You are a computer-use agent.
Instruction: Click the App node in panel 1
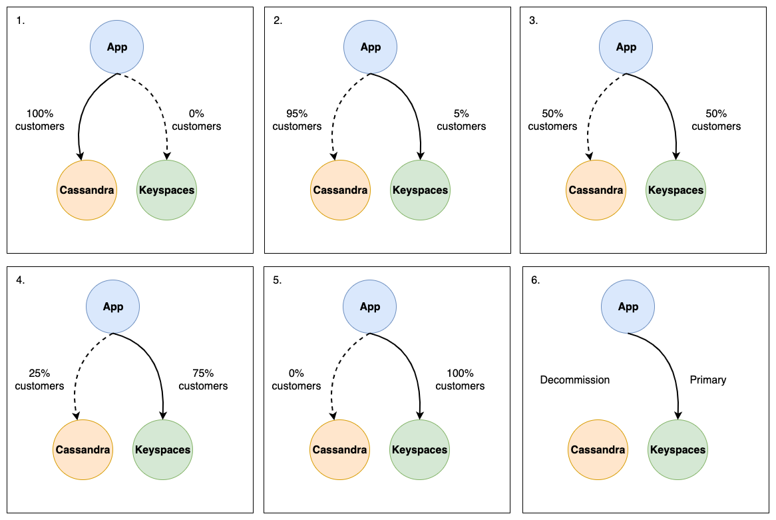click(x=117, y=47)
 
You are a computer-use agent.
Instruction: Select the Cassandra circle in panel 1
click(x=87, y=190)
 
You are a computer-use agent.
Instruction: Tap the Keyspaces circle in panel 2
click(x=420, y=190)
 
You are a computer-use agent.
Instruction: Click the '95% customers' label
click(x=297, y=120)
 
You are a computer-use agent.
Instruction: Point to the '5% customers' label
click(x=461, y=120)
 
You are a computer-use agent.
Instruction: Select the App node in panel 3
click(x=626, y=47)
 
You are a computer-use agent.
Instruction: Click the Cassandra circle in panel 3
click(x=596, y=190)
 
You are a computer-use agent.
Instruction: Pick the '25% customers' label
click(x=40, y=380)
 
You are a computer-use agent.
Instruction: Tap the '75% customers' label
click(x=203, y=380)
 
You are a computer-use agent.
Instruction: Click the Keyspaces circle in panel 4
click(x=162, y=449)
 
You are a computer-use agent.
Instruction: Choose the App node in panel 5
click(x=369, y=306)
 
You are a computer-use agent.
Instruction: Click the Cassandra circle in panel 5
click(x=339, y=449)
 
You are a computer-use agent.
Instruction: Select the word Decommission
click(x=574, y=380)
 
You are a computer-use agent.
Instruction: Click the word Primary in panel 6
click(x=708, y=380)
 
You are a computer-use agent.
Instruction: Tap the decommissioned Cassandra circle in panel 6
click(x=598, y=449)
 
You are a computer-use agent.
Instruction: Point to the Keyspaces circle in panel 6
click(x=678, y=449)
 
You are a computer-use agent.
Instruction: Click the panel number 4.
click(x=20, y=280)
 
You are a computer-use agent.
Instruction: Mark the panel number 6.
click(x=535, y=280)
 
